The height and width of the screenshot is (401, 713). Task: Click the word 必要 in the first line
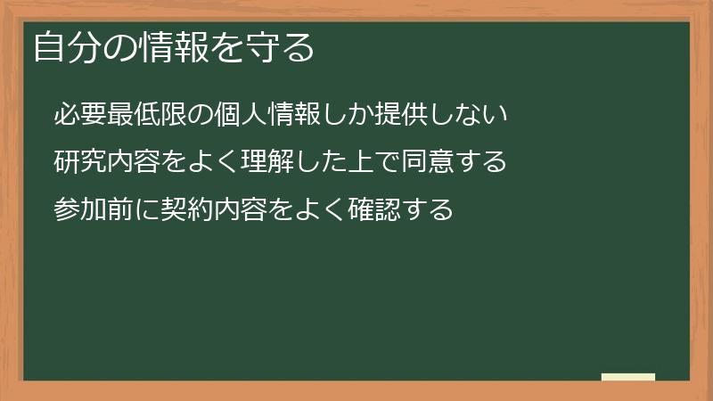tap(81, 115)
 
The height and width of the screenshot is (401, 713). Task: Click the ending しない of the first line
tap(470, 115)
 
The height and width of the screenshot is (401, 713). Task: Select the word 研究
tap(81, 162)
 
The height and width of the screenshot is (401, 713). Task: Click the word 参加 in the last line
tap(81, 209)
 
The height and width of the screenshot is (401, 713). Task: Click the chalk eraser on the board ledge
tap(628, 377)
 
